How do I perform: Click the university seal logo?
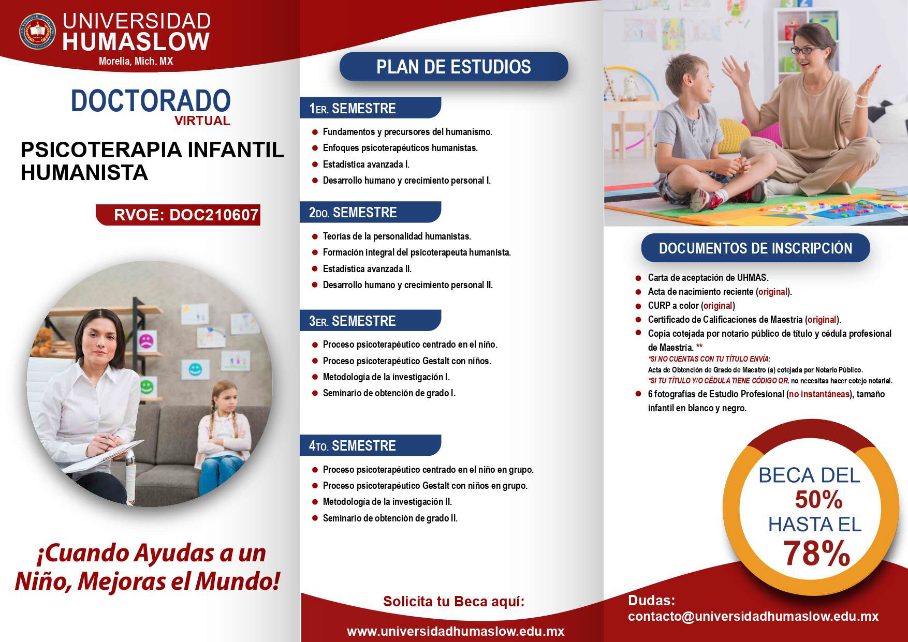[x=37, y=31]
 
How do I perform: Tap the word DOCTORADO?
[x=151, y=101]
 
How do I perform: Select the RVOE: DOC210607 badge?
[x=179, y=215]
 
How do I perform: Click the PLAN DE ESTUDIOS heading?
[x=453, y=67]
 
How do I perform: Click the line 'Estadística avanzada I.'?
[x=366, y=165]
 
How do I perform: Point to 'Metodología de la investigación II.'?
[x=387, y=502]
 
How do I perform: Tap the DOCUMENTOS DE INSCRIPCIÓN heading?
[x=755, y=248]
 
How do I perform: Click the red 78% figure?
[x=816, y=553]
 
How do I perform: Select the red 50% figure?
[x=818, y=500]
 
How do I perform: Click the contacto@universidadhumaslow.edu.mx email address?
[x=753, y=617]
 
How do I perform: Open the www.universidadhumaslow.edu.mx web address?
[x=456, y=632]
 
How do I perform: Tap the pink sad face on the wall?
[x=145, y=341]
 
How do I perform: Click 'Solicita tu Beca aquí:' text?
[x=454, y=602]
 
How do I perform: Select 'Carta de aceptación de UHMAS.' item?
[x=708, y=278]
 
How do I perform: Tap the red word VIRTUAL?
[x=202, y=121]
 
